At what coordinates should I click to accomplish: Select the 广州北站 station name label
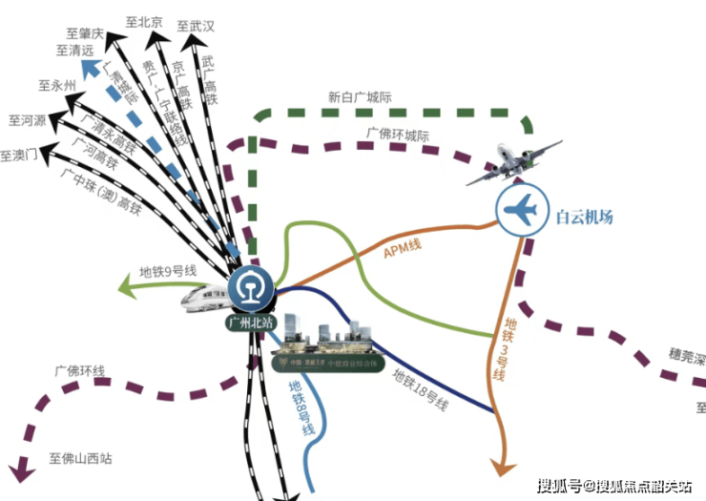(250, 323)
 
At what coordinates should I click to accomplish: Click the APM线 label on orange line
(402, 250)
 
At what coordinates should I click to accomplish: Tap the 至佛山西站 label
(80, 458)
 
